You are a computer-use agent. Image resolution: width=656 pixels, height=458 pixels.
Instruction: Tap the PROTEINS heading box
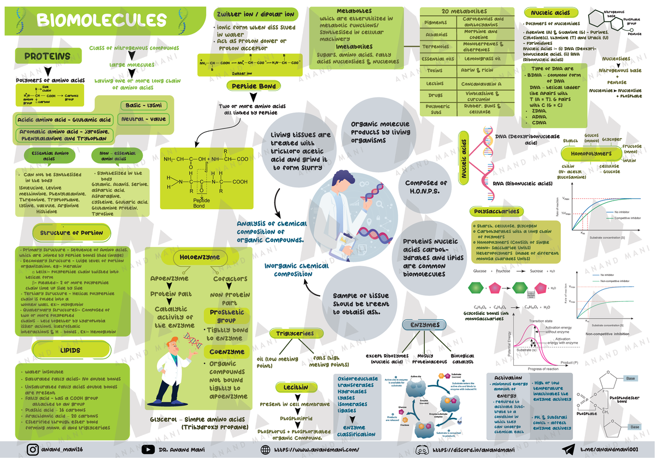[47, 56]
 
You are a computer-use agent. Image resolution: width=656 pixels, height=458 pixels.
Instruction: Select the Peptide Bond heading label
[254, 86]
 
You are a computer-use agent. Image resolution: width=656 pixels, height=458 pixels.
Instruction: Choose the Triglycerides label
[295, 333]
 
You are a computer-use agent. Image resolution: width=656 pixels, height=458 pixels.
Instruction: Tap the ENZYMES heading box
[425, 325]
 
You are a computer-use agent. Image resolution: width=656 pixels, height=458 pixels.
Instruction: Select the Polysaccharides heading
[496, 212]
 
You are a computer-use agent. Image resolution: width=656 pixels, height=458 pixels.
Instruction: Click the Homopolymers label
[594, 154]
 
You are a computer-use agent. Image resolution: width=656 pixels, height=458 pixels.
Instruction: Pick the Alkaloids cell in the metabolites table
[436, 34]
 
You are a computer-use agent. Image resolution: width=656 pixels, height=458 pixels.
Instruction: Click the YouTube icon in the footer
[148, 449]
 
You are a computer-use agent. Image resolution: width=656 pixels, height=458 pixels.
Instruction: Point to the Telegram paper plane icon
[569, 449]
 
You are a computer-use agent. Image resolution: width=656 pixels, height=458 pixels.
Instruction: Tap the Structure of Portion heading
[71, 233]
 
